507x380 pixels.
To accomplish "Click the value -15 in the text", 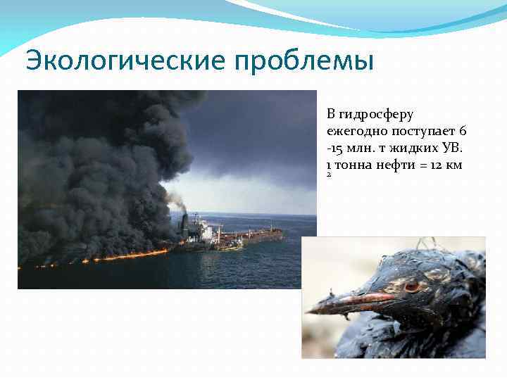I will (x=335, y=148).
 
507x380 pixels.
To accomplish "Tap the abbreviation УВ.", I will (x=451, y=148).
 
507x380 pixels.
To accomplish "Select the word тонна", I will (x=352, y=165).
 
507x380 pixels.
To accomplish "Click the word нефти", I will (x=395, y=165).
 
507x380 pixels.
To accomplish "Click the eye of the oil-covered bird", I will (x=413, y=286).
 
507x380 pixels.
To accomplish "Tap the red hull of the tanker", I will (x=261, y=236).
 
